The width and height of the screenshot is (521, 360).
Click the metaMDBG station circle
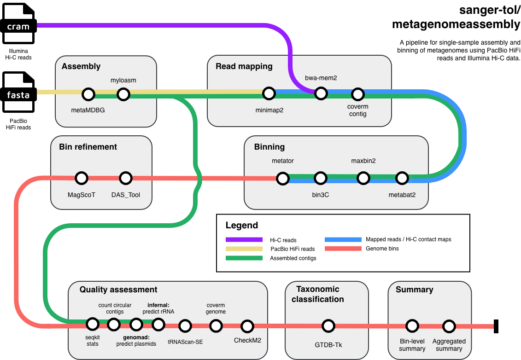[88, 94]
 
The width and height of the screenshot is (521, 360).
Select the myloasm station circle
[123, 94]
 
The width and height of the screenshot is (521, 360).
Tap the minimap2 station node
[269, 94]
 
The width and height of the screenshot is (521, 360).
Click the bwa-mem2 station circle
[321, 94]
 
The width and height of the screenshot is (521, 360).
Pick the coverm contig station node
[358, 94]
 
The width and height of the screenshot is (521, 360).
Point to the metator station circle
[283, 178]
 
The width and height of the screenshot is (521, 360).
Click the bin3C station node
[321, 178]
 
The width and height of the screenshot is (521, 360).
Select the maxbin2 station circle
[363, 178]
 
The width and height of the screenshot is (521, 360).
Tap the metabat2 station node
[402, 178]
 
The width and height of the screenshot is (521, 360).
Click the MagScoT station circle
[82, 178]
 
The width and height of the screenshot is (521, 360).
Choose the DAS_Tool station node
[126, 178]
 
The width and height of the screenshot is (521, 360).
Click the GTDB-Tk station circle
[328, 326]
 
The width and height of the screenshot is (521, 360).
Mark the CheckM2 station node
[247, 326]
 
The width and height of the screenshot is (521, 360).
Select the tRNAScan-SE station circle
[185, 326]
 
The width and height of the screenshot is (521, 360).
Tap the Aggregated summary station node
[449, 326]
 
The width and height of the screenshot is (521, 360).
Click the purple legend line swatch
[244, 239]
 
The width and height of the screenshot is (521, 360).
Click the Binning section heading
[269, 147]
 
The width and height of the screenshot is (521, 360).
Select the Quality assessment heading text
[118, 290]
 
